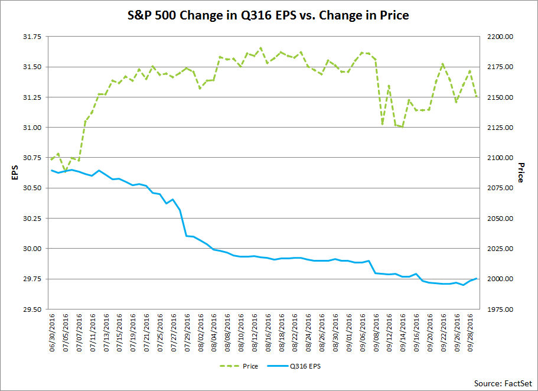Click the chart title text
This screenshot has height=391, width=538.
click(269, 15)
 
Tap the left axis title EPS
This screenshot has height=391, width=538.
click(15, 172)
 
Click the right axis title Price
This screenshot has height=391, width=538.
click(520, 172)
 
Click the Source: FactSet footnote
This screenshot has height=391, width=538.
click(503, 383)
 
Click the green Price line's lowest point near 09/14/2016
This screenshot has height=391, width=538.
click(403, 127)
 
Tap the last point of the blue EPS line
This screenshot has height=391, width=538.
click(477, 278)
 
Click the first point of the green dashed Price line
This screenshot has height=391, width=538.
click(51, 159)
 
